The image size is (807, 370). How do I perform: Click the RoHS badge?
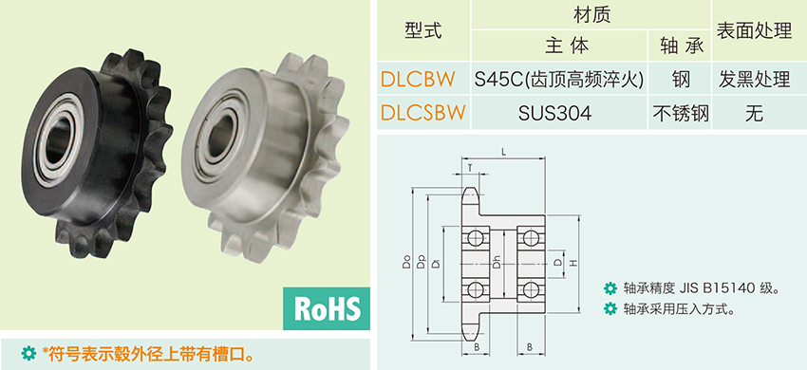(327, 308)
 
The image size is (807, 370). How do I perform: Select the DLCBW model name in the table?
(418, 79)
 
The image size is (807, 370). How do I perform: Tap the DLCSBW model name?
(423, 112)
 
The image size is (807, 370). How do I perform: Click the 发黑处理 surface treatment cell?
(754, 79)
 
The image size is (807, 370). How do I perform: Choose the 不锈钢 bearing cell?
(681, 113)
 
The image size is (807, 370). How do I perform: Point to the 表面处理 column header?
(754, 31)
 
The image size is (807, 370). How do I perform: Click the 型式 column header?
(423, 31)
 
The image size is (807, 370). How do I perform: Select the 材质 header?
(591, 15)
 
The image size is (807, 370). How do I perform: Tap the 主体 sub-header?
(566, 46)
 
